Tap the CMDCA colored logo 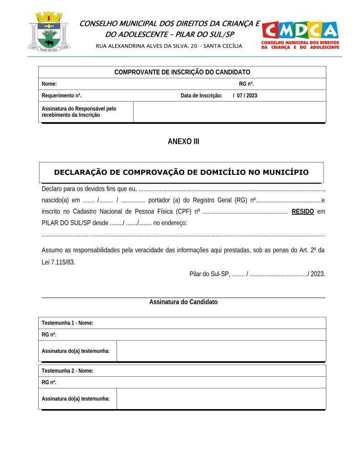(x=300, y=35)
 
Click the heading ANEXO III (x=183, y=142)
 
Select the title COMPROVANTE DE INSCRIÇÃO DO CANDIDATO (x=182, y=72)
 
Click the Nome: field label (x=49, y=84)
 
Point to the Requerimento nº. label (x=61, y=96)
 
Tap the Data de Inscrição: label (x=201, y=96)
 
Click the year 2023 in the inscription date (x=252, y=96)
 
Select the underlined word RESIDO (x=303, y=211)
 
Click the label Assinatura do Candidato (x=183, y=302)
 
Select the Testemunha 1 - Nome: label (x=67, y=323)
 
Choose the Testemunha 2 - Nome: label (x=67, y=370)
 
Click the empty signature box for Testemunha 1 (x=221, y=351)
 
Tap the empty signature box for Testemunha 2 (x=221, y=399)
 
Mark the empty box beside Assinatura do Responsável (x=229, y=112)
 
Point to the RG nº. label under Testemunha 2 (x=49, y=382)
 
